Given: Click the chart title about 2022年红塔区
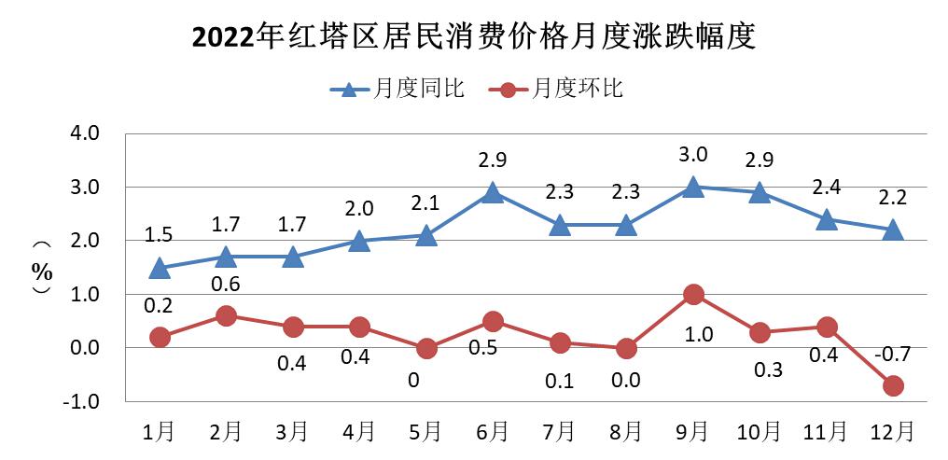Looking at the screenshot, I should coord(473,37).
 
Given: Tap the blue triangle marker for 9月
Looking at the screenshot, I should coord(692,188).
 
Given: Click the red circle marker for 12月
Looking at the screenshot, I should coord(893,385).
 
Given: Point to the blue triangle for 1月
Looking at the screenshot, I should coord(160,269).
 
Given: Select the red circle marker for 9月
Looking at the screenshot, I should coord(692,295).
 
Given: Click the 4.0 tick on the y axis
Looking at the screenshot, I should coord(85,133).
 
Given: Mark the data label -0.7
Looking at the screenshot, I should coord(893,355).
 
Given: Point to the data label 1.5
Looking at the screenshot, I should coord(160,235).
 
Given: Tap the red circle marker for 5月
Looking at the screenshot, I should coord(425,348).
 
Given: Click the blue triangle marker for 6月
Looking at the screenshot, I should coord(493,193).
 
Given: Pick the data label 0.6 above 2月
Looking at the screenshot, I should coord(226,284).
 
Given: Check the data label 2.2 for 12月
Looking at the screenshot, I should coord(893,198).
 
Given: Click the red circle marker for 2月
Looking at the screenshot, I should coord(226,316).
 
